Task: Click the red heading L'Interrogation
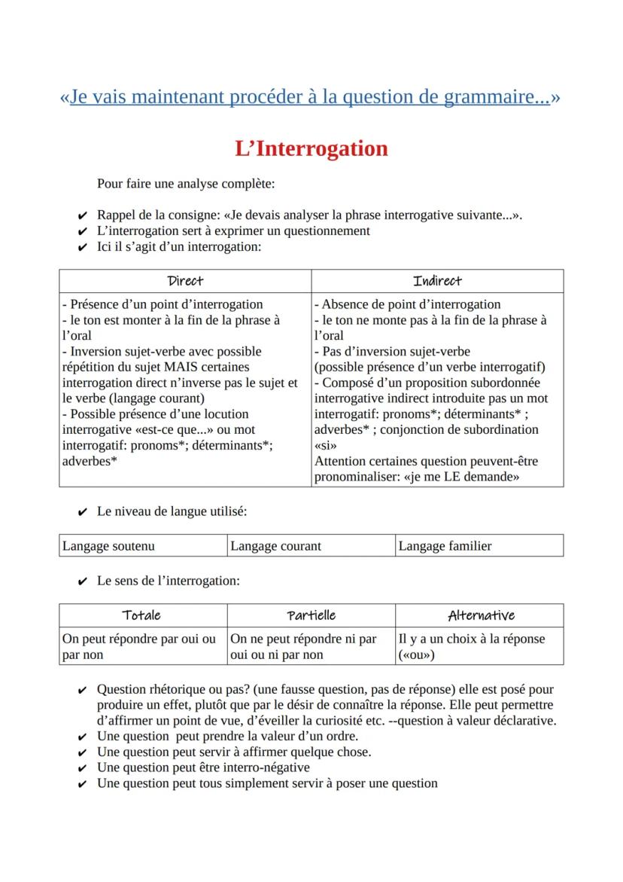click(x=311, y=148)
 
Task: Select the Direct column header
click(x=185, y=281)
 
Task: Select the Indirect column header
click(x=437, y=281)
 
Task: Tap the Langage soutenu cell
click(x=143, y=546)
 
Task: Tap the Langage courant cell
click(x=311, y=546)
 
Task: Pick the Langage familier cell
click(x=479, y=546)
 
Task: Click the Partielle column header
click(x=311, y=615)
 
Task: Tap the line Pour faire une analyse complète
click(x=185, y=183)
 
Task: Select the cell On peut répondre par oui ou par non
click(x=143, y=646)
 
